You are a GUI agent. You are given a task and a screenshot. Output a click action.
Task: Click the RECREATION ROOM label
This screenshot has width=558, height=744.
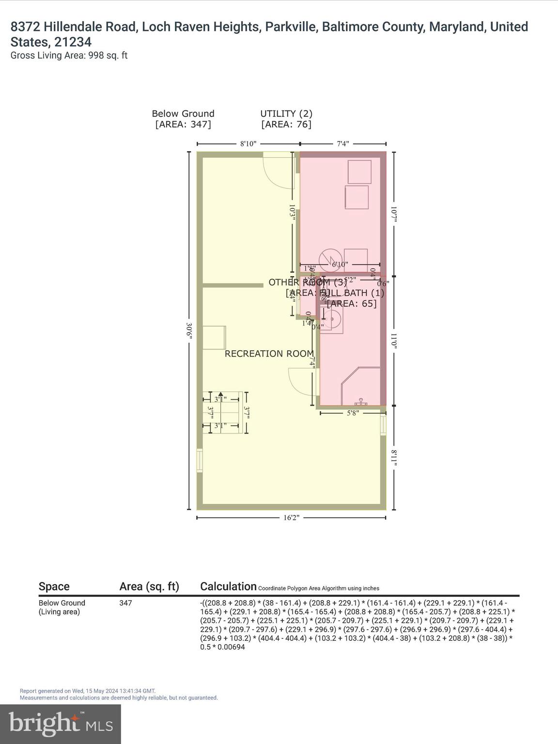(x=269, y=354)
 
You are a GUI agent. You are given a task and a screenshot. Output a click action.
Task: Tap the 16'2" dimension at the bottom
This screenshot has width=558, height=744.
(x=291, y=518)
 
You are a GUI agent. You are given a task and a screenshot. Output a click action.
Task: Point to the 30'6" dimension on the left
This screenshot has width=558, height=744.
(x=189, y=330)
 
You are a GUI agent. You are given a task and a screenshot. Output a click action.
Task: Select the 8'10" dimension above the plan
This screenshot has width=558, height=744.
(x=248, y=144)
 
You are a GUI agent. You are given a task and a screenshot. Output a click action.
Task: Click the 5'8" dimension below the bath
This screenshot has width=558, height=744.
(x=353, y=413)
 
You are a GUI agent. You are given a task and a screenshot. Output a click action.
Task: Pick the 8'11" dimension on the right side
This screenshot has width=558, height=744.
(x=394, y=458)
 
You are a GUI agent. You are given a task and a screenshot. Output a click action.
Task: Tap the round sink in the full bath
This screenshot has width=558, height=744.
(x=332, y=320)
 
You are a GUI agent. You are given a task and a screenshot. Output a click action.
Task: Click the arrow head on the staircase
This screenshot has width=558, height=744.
(x=220, y=394)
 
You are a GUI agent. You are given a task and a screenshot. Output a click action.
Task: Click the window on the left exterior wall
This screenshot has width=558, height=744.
(x=199, y=461)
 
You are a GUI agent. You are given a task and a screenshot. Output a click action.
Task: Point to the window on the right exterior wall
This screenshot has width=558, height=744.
(x=384, y=425)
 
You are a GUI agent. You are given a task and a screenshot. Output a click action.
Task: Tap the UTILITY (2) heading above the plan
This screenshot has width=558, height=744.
(x=286, y=114)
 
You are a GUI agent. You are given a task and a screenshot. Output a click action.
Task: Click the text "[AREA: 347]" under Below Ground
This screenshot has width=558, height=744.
(x=183, y=124)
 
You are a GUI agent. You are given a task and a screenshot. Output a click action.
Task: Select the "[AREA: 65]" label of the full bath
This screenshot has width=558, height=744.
(x=352, y=304)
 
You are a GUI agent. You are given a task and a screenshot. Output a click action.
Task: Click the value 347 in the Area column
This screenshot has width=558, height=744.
(x=125, y=603)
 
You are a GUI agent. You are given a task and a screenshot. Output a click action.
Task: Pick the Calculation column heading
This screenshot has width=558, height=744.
(x=228, y=587)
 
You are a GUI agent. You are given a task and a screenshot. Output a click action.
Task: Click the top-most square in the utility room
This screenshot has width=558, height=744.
(x=359, y=171)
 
